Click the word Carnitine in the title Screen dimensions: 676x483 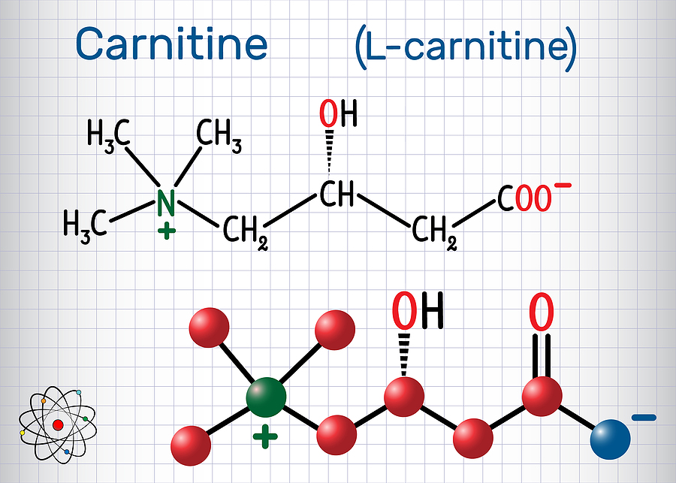[x=171, y=44]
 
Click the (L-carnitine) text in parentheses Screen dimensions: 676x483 [x=466, y=48]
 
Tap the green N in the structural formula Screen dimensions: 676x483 [x=165, y=202]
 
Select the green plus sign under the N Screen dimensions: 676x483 [x=167, y=232]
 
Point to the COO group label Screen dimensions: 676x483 [x=524, y=199]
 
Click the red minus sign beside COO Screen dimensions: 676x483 [x=563, y=186]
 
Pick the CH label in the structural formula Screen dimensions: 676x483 [x=336, y=194]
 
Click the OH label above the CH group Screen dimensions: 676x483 [x=339, y=113]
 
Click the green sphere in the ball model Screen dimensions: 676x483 [x=266, y=397]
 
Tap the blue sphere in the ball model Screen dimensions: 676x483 [x=610, y=439]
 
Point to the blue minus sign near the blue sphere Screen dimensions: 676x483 [x=644, y=418]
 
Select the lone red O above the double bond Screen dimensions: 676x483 [x=542, y=312]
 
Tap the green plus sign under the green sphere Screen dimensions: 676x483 [x=265, y=436]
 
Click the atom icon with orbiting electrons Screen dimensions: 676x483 [x=58, y=424]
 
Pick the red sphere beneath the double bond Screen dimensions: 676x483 [x=542, y=397]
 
